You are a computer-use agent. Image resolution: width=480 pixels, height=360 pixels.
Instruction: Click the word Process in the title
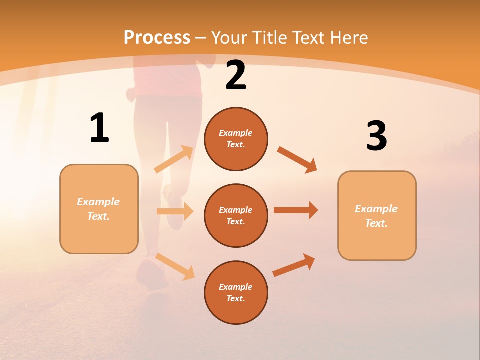[157, 37]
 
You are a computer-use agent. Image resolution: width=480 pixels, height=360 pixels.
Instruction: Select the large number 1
[99, 128]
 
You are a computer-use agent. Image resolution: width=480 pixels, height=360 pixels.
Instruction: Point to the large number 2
[236, 76]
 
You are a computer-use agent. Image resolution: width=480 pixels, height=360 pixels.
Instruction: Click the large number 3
[376, 137]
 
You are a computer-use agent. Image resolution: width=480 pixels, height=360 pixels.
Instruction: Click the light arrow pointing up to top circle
[174, 159]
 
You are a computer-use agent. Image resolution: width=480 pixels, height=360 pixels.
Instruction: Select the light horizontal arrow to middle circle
[175, 211]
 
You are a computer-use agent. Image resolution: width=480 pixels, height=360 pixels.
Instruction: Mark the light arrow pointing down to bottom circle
[175, 266]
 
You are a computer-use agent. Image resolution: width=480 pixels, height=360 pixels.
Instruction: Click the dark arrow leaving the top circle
[297, 159]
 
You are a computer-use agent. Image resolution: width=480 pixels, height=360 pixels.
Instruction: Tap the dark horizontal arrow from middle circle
[296, 210]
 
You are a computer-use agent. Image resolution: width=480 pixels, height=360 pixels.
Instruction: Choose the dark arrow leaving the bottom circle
[294, 265]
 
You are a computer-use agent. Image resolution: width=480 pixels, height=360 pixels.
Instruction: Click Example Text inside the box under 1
[98, 209]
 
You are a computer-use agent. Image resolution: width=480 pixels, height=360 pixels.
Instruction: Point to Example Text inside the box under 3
[376, 216]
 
